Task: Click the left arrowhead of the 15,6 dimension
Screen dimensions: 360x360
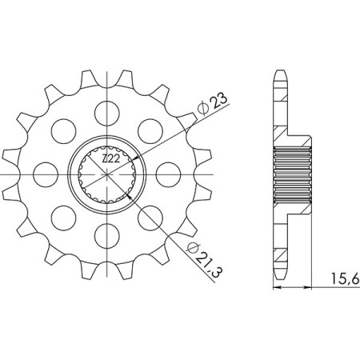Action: [x=278, y=286]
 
